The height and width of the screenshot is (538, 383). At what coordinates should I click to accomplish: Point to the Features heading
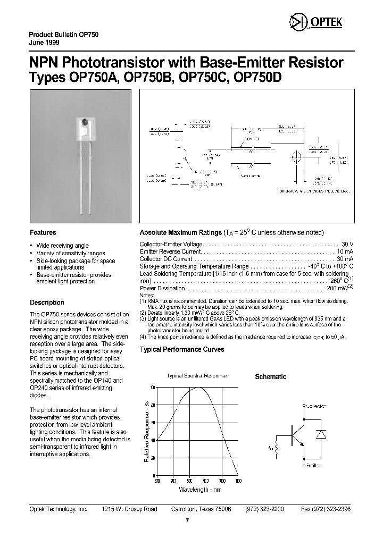pos(43,232)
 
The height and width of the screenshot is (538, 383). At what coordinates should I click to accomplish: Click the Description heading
pos(47,302)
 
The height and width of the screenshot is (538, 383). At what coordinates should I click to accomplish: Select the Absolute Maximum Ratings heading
pos(180,233)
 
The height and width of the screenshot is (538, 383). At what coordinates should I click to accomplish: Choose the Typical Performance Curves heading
pos(181,350)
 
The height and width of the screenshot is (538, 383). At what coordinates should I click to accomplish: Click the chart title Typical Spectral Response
pos(197,376)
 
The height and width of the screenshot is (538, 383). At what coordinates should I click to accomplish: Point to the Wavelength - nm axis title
pos(199,489)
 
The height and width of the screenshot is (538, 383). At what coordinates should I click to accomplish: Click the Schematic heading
pos(270,376)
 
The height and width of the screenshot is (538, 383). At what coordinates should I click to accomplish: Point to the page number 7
pos(187,520)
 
